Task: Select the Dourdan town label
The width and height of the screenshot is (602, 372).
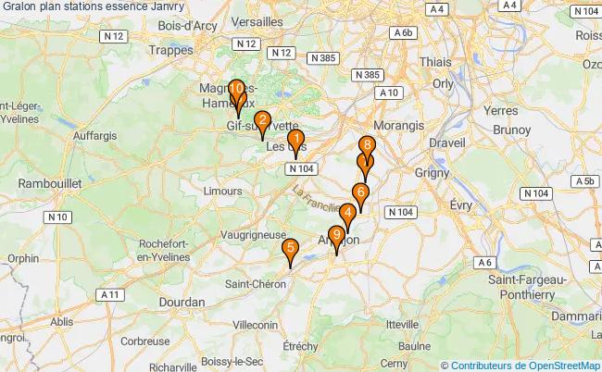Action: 182,302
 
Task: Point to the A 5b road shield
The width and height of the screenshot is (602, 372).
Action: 583,181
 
